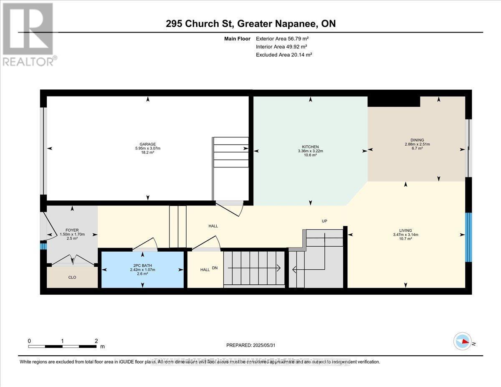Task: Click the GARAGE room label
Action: coord(148,144)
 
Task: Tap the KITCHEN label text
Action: coord(310,147)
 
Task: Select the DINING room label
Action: coord(417,140)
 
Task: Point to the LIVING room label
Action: coord(405,230)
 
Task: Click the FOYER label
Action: coord(72,230)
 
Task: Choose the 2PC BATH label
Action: coord(142,266)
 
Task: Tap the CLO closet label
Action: coord(72,277)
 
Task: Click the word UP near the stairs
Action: coord(324,221)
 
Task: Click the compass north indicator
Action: coord(463,341)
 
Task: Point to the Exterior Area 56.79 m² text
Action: coord(282,39)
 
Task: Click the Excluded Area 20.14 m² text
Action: coord(284,55)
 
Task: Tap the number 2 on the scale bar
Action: coord(96,341)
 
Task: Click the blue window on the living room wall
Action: coord(468,237)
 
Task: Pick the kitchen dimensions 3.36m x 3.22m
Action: coord(310,151)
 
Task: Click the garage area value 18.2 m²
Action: coord(148,153)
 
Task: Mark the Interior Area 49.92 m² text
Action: coord(282,47)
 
